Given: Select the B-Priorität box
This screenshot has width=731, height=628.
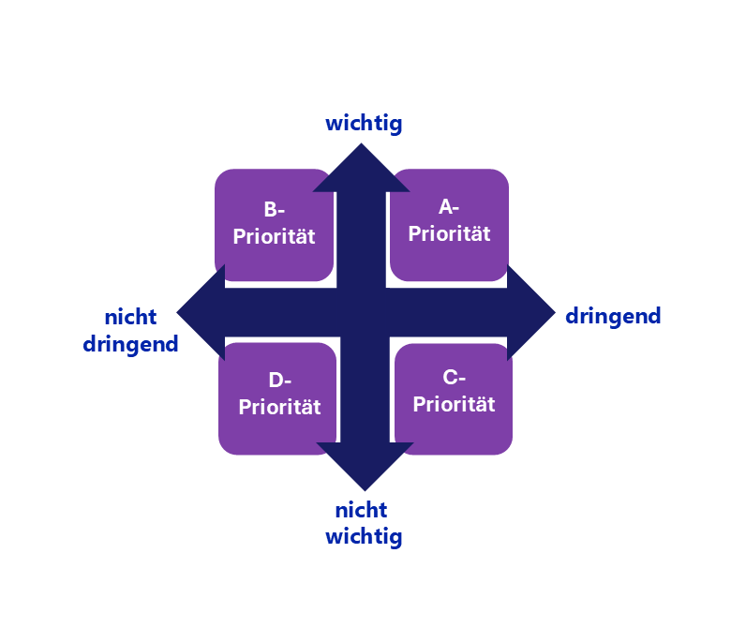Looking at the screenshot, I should tap(274, 225).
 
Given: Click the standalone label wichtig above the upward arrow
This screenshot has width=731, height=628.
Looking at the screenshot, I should tap(364, 123).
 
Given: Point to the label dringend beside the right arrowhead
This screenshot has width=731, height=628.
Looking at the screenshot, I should tap(613, 316).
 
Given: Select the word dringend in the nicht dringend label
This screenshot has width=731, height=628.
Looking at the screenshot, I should tap(130, 344).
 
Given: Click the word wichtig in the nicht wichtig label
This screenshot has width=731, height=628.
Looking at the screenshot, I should tap(364, 537).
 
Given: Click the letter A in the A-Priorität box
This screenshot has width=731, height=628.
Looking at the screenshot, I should tap(445, 208).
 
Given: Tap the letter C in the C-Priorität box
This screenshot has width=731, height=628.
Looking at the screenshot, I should tap(448, 379).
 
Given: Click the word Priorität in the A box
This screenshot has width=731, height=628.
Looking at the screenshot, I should tap(450, 234).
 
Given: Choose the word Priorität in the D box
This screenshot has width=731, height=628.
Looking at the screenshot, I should tap(279, 408).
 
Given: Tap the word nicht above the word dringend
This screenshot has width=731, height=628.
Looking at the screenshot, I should tap(130, 317).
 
